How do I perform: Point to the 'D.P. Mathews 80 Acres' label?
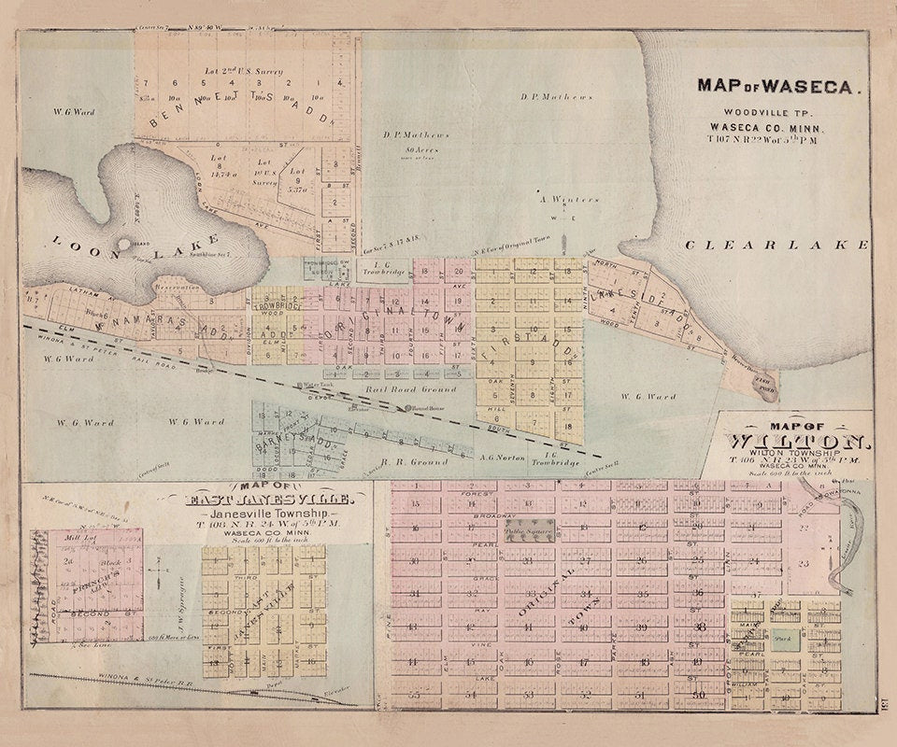coord(416,140)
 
